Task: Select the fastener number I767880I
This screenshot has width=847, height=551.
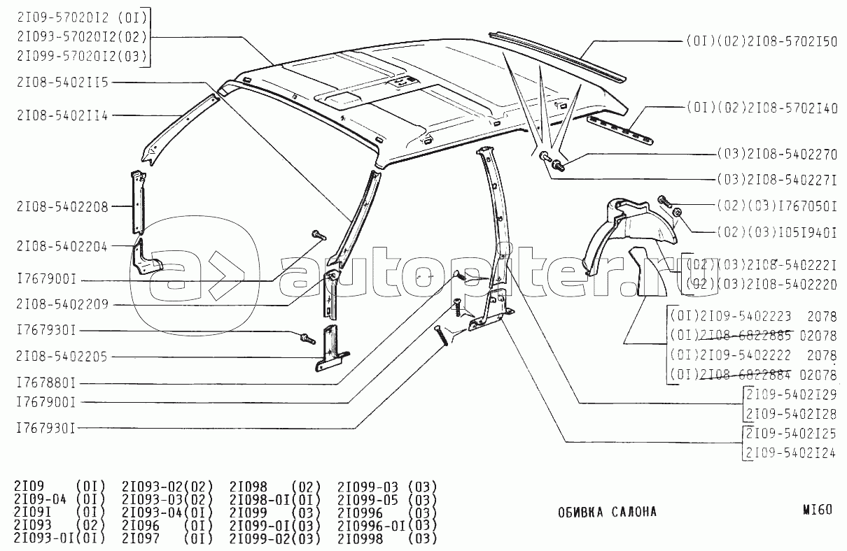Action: point(46,383)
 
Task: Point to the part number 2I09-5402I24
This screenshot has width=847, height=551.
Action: point(791,453)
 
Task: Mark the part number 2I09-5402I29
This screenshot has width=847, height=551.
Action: point(791,395)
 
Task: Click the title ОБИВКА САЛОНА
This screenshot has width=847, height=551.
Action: point(607,512)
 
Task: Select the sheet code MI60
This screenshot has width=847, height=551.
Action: point(818,510)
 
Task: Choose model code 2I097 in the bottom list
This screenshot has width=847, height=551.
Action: point(140,539)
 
